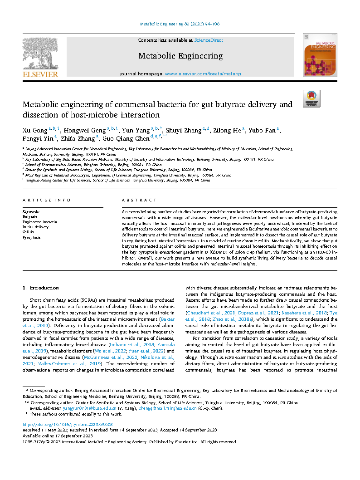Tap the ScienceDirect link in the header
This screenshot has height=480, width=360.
208,40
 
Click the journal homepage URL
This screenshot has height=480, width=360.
203,73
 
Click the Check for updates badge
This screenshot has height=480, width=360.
311,98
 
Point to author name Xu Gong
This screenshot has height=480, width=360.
34,131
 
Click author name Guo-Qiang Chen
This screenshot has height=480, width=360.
129,139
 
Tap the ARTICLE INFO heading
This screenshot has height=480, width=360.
47,200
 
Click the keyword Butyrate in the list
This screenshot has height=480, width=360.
30,216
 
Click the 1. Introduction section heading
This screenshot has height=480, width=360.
40,288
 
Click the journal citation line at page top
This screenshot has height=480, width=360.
180,24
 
